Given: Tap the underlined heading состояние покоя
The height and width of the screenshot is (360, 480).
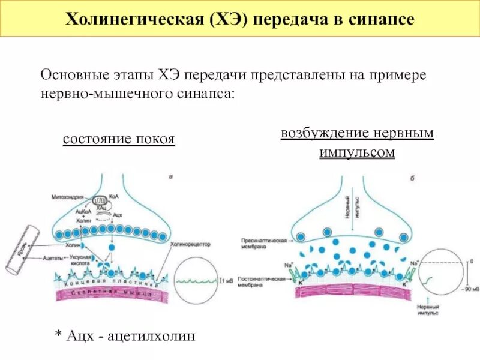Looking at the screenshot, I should click(119, 139).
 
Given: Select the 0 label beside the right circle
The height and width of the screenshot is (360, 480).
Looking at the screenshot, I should click(470, 262).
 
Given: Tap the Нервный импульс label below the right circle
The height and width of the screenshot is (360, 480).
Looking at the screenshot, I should click(428, 309).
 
